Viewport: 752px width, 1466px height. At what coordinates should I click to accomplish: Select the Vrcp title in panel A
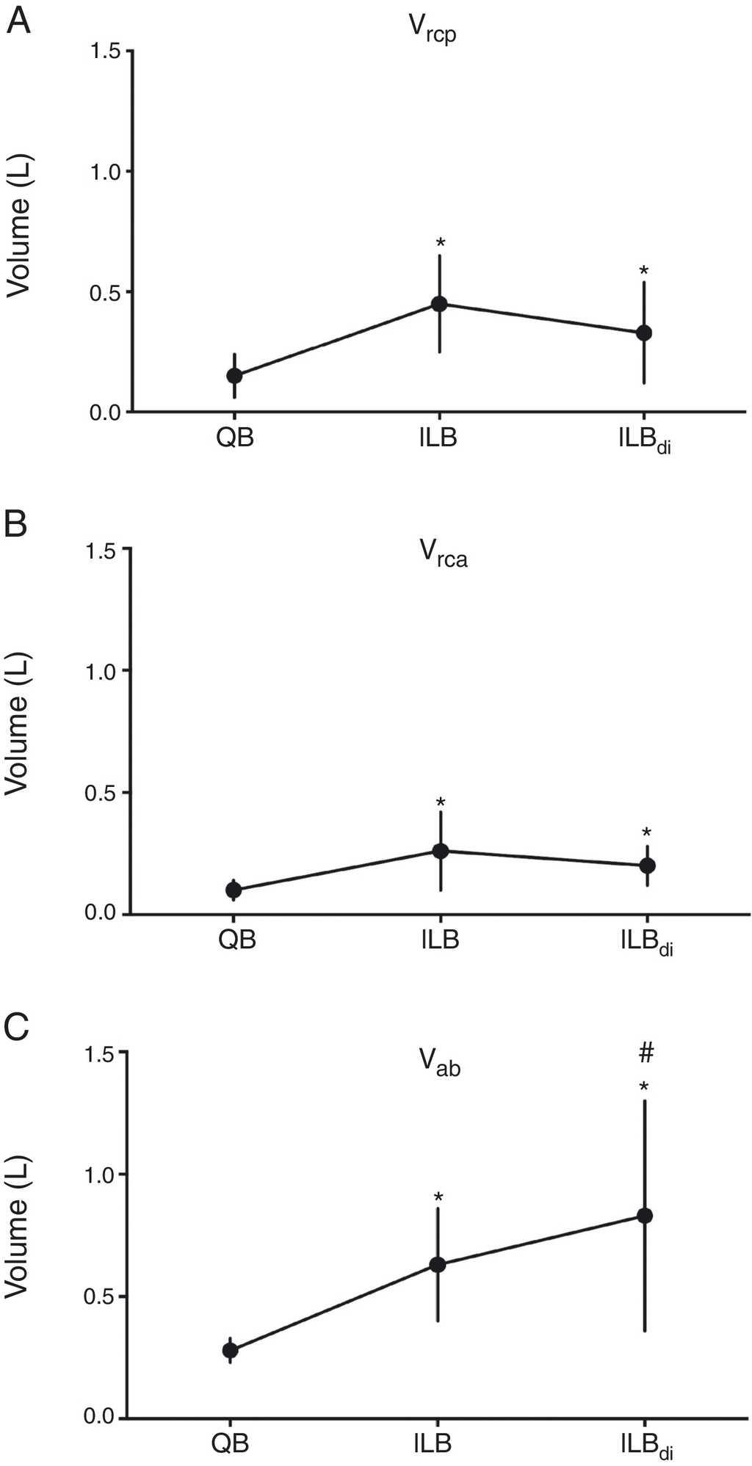pos(433,29)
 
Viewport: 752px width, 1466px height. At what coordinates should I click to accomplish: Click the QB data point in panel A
pos(234,376)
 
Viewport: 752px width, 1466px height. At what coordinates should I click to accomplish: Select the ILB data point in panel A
pos(439,304)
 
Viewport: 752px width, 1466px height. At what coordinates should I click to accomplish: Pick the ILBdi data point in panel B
pos(647,866)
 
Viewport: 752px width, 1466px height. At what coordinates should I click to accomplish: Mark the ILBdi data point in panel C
pos(645,1216)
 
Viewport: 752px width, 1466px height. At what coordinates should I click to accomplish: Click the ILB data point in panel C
pos(438,1264)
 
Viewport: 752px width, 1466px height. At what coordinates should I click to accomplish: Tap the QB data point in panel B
pos(234,890)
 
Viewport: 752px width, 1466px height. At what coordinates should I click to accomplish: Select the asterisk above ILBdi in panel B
pos(646,833)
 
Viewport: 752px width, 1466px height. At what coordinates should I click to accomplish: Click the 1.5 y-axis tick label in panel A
pos(106,51)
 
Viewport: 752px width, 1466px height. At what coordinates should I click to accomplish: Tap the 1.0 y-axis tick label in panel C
pos(104,1174)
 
